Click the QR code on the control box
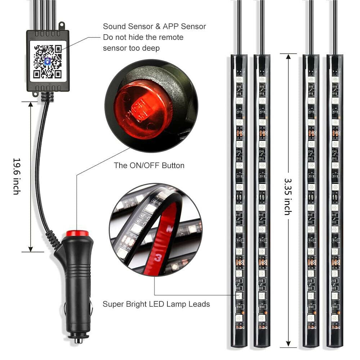coord(48,61)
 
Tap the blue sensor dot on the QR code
coord(47,61)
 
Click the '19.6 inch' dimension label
coord(16,176)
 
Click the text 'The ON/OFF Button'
coord(149,166)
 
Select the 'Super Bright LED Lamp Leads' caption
coord(156,304)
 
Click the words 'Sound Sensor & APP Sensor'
coord(154,26)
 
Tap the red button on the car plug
coord(77,233)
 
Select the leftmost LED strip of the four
coord(239,202)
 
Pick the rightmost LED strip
coord(335,202)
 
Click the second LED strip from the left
coord(262,202)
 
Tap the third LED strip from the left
coord(311,202)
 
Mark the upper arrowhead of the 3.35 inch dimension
coord(288,57)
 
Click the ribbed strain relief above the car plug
coord(53,239)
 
